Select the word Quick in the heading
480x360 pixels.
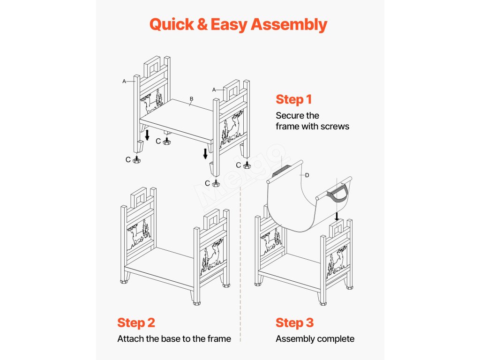point(172,24)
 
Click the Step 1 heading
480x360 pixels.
point(293,99)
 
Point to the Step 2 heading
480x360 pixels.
point(136,322)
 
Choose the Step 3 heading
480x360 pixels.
point(294,322)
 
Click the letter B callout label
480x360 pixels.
point(191,99)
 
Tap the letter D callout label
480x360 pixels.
point(307,175)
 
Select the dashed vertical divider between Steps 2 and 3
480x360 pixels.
point(240,262)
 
